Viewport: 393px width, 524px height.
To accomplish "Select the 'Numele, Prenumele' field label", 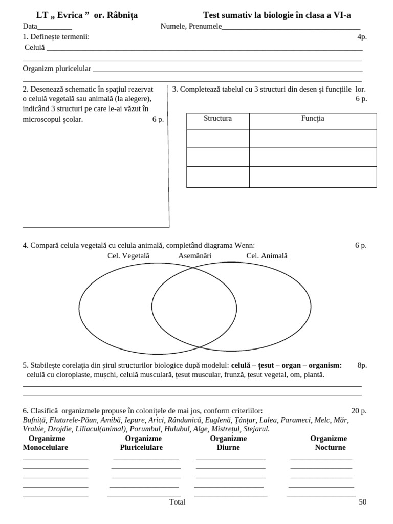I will click(x=190, y=26).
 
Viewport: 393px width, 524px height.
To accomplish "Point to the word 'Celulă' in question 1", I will click(x=35, y=47).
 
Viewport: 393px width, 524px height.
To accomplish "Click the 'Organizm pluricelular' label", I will click(x=57, y=68).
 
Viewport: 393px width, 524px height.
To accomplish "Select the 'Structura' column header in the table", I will click(x=217, y=119).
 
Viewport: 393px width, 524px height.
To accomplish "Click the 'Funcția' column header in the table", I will click(x=313, y=119).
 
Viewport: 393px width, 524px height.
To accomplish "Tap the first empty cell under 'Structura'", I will click(x=217, y=139).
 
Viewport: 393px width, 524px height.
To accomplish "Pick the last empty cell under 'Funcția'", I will click(x=313, y=177).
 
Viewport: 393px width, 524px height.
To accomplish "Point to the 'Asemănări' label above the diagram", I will click(x=194, y=255).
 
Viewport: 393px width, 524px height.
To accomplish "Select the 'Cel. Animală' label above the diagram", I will click(x=267, y=255).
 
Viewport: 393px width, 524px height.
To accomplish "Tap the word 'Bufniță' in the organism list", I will click(x=35, y=420).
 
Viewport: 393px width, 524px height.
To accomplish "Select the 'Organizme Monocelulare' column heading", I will click(x=46, y=443).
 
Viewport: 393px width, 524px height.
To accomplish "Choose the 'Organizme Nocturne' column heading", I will click(x=329, y=443).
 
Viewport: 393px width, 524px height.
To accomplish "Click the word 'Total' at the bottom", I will click(x=177, y=502).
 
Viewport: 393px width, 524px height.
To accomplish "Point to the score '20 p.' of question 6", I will click(x=359, y=411).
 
